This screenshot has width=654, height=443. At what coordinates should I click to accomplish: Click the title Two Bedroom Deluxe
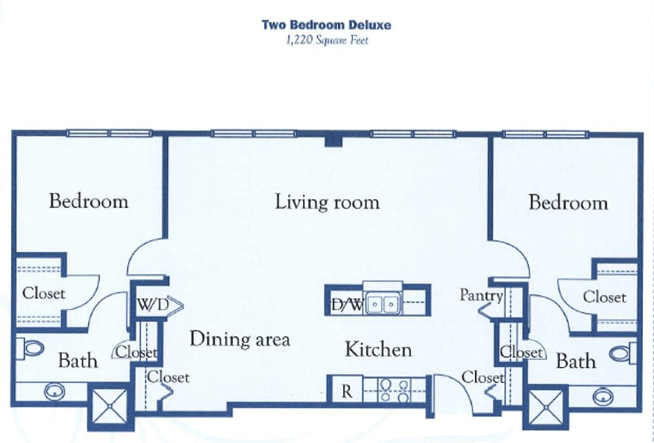327,26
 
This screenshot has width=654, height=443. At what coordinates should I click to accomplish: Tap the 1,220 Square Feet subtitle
327,40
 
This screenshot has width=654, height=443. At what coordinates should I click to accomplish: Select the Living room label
327,202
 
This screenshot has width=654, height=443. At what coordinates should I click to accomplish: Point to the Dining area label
240,338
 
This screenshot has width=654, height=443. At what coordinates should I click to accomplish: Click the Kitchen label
378,349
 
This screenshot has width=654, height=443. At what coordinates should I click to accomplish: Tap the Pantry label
481,295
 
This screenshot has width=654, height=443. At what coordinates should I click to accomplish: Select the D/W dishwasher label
347,305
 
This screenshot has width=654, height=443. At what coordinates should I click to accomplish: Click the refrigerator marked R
346,391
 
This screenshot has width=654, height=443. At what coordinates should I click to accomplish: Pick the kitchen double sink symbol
381,305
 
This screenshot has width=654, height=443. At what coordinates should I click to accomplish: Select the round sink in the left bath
52,390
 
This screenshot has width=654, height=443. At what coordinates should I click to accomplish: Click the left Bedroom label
88,201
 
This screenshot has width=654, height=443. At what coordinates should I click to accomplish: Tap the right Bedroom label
568,202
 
